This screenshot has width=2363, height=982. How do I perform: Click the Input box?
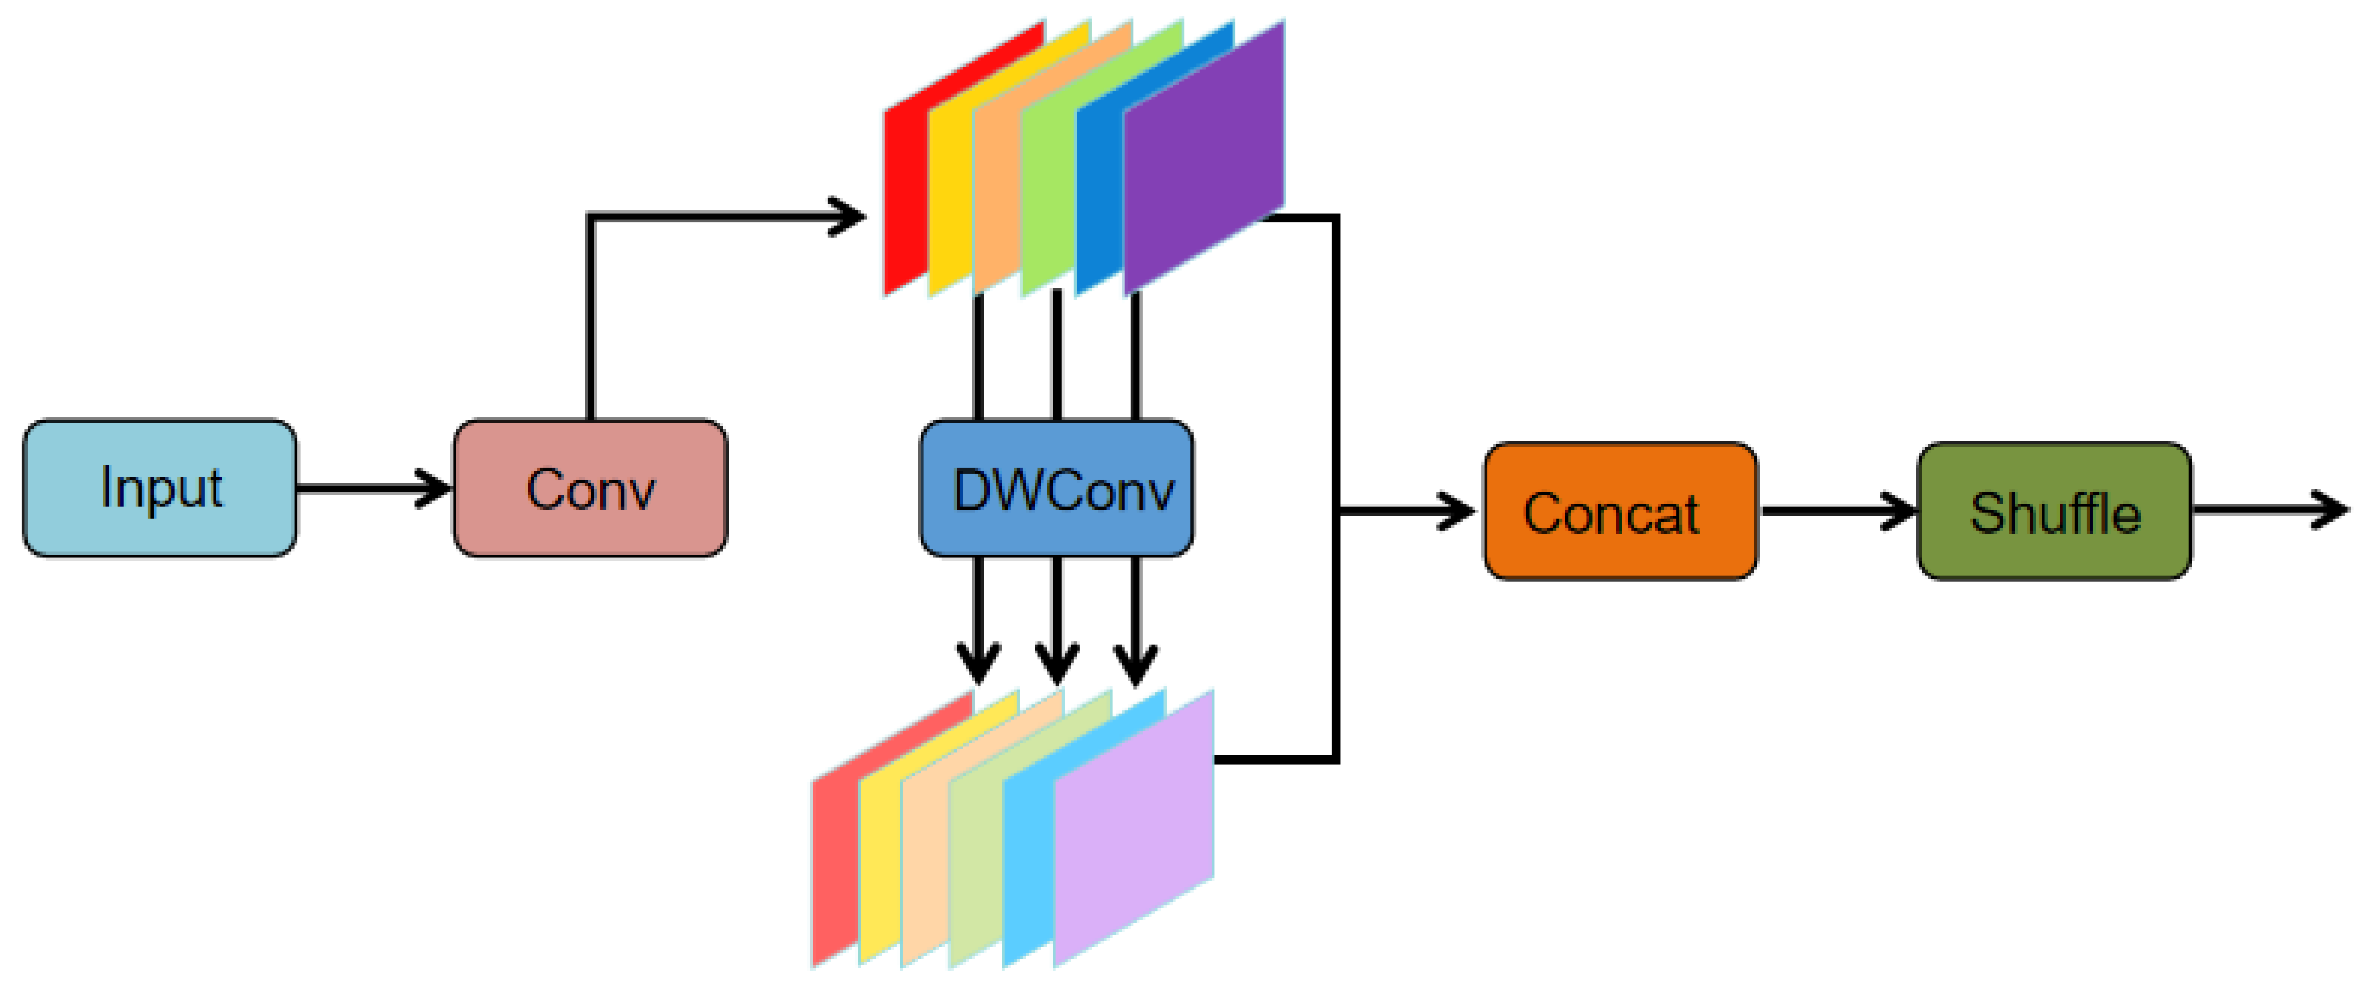(160, 488)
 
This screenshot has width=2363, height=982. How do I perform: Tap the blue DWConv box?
(1057, 488)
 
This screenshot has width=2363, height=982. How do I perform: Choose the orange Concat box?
(1621, 511)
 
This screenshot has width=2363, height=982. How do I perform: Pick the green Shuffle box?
(2055, 511)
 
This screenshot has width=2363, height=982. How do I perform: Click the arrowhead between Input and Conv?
(434, 488)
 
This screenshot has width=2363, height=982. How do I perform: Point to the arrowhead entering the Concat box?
(1457, 511)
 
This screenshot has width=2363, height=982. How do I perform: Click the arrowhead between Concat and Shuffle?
(1897, 511)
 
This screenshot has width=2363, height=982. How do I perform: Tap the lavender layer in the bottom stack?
(1134, 827)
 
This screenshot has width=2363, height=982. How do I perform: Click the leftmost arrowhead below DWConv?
(979, 665)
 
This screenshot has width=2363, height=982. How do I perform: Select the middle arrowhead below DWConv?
(1057, 665)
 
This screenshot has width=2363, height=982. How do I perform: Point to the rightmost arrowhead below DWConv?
(1136, 665)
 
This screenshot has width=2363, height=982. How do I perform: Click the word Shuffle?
(2055, 512)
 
